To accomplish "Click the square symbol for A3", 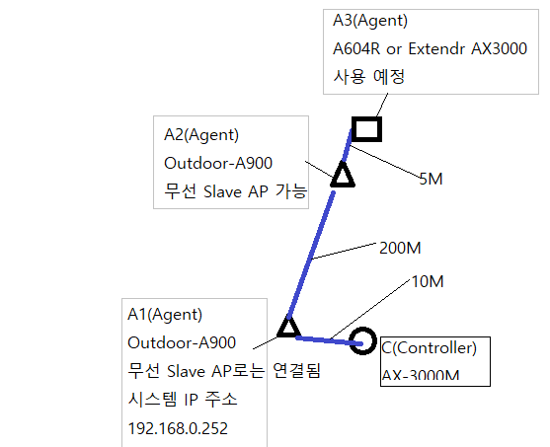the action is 367,119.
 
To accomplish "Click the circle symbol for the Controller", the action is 362,330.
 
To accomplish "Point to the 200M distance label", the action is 400,249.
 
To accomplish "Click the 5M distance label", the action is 431,180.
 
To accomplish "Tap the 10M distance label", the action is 428,281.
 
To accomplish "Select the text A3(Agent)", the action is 370,21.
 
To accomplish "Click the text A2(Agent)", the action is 201,135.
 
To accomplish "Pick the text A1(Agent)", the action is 165,315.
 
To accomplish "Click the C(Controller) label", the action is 429,347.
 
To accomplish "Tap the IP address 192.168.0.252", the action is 178,428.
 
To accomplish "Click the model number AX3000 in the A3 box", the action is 499,48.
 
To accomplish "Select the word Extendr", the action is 436,48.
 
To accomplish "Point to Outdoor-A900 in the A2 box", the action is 218,164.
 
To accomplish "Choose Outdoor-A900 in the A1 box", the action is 182,342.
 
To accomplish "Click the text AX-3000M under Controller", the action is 421,376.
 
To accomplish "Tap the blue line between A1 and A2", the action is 311,255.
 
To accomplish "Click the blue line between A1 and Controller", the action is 329,340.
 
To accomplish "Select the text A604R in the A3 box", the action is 356,48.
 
